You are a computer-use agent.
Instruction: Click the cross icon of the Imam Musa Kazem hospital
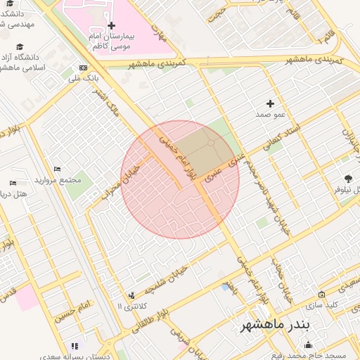[x=111, y=25]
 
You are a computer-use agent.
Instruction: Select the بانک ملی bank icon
[x=84, y=67]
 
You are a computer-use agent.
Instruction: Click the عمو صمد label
[x=270, y=112]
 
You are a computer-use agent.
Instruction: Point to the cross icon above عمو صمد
[x=270, y=103]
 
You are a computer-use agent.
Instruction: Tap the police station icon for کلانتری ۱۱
[x=131, y=296]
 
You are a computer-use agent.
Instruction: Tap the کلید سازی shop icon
[x=321, y=295]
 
